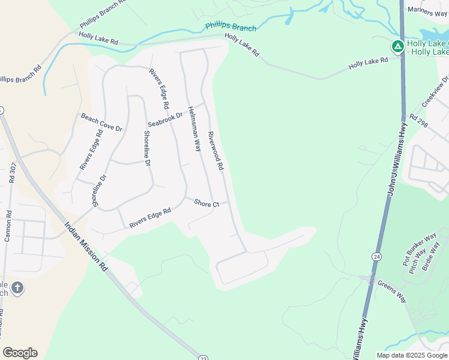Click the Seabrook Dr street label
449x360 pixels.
[165, 120]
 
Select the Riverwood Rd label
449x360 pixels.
[216, 151]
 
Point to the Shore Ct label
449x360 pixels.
[206, 204]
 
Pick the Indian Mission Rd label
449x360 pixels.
[86, 247]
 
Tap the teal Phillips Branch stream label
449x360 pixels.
[231, 27]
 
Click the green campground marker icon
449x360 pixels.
[397, 46]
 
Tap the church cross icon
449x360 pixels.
[17, 288]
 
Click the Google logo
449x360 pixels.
[20, 353]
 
